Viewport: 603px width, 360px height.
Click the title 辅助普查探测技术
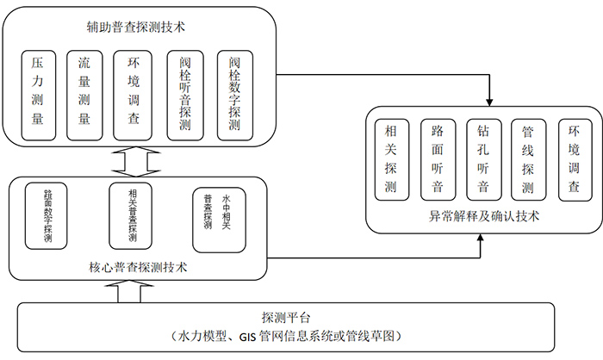click(138, 28)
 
